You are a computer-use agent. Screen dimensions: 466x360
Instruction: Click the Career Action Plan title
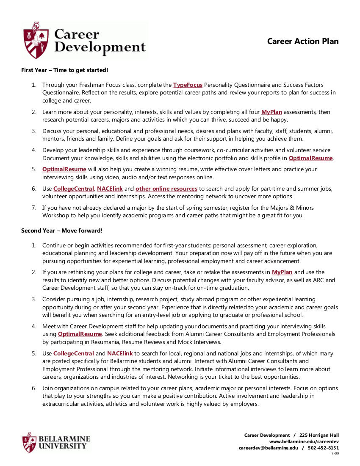[x=303, y=41]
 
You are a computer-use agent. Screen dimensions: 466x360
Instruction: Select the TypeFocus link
[x=188, y=85]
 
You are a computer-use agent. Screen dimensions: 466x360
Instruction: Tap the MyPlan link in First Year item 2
[x=271, y=112]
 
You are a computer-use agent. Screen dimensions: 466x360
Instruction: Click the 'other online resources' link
[x=166, y=189]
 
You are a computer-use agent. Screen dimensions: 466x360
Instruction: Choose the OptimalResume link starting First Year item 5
[x=64, y=169]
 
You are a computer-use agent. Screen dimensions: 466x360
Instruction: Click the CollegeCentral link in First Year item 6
[x=73, y=189]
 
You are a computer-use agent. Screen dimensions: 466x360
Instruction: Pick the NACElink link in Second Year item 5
[x=120, y=353]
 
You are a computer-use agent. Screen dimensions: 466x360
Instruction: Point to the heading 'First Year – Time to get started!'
[x=65, y=70]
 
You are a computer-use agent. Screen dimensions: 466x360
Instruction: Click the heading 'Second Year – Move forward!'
[x=62, y=231]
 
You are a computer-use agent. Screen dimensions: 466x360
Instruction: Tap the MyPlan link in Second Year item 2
[x=282, y=272]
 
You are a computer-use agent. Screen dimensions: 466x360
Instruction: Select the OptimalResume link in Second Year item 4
[x=80, y=334]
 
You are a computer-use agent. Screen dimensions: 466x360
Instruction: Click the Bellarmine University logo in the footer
[x=56, y=442]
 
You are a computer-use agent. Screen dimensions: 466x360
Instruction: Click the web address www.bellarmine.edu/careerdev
[x=304, y=441]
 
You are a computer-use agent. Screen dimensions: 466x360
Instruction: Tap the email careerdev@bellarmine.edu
[x=268, y=448]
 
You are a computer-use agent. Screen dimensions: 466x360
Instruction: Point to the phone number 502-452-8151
[x=323, y=448]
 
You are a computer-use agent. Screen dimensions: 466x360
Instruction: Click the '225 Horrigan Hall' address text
[x=319, y=435]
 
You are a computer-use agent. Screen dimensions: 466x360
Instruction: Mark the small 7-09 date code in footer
[x=335, y=453]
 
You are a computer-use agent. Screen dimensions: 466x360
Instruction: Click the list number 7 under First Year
[x=34, y=208]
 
